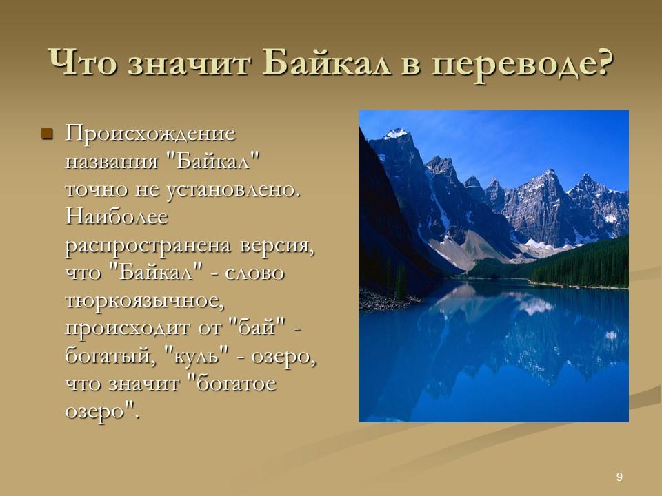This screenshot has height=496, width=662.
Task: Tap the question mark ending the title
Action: click(601, 65)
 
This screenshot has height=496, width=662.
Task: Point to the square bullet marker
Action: click(47, 132)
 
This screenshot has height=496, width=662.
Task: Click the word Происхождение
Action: click(150, 134)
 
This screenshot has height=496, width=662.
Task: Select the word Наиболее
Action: click(117, 218)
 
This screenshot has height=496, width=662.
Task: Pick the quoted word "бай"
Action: click(253, 327)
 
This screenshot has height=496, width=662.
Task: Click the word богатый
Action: click(107, 355)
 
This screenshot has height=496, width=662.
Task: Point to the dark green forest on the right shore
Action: click(586, 265)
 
